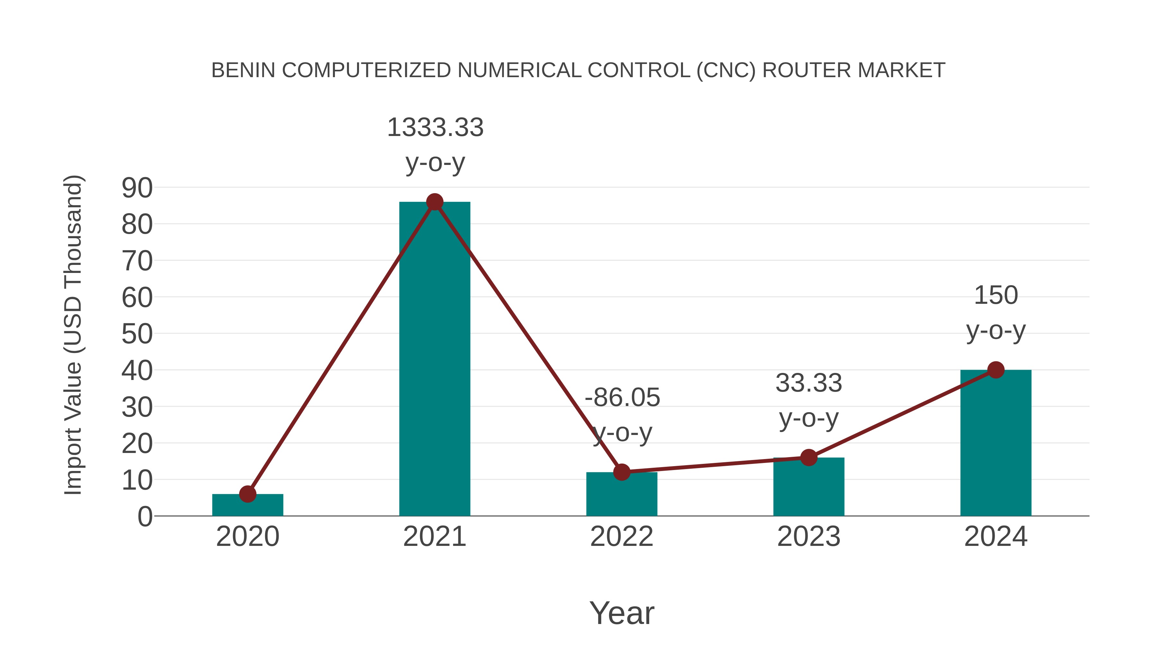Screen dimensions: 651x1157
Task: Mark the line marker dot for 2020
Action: point(247,494)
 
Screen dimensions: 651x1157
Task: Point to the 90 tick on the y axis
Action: point(137,188)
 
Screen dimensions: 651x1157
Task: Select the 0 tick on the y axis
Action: point(145,516)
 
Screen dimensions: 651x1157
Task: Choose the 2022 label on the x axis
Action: point(622,537)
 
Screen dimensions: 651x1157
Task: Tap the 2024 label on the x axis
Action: point(995,537)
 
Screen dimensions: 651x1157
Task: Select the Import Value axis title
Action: point(73,335)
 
